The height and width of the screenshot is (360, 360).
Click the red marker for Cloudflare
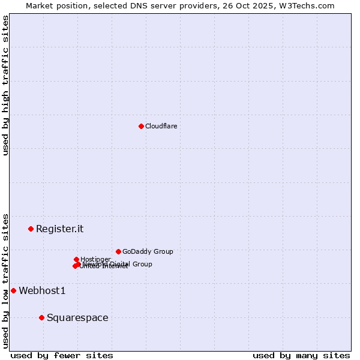click(141, 126)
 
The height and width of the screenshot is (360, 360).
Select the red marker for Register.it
click(31, 229)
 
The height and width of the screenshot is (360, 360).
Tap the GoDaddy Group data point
click(118, 251)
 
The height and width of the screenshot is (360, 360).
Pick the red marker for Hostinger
click(76, 259)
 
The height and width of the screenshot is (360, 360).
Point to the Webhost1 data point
click(13, 290)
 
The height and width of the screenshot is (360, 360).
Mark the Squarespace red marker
click(41, 317)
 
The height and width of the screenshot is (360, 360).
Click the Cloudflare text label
click(161, 126)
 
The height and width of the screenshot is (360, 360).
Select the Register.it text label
click(59, 229)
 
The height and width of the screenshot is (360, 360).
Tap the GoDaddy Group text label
click(148, 251)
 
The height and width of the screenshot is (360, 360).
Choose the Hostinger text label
click(95, 259)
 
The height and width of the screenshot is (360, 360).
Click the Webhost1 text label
click(42, 290)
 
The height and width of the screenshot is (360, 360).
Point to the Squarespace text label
click(77, 317)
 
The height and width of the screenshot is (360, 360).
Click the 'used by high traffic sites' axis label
click(5, 85)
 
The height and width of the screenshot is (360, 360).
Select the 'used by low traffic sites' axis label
click(5, 281)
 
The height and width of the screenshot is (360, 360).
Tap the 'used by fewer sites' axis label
click(62, 355)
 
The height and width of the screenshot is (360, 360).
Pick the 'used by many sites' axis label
click(301, 355)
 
